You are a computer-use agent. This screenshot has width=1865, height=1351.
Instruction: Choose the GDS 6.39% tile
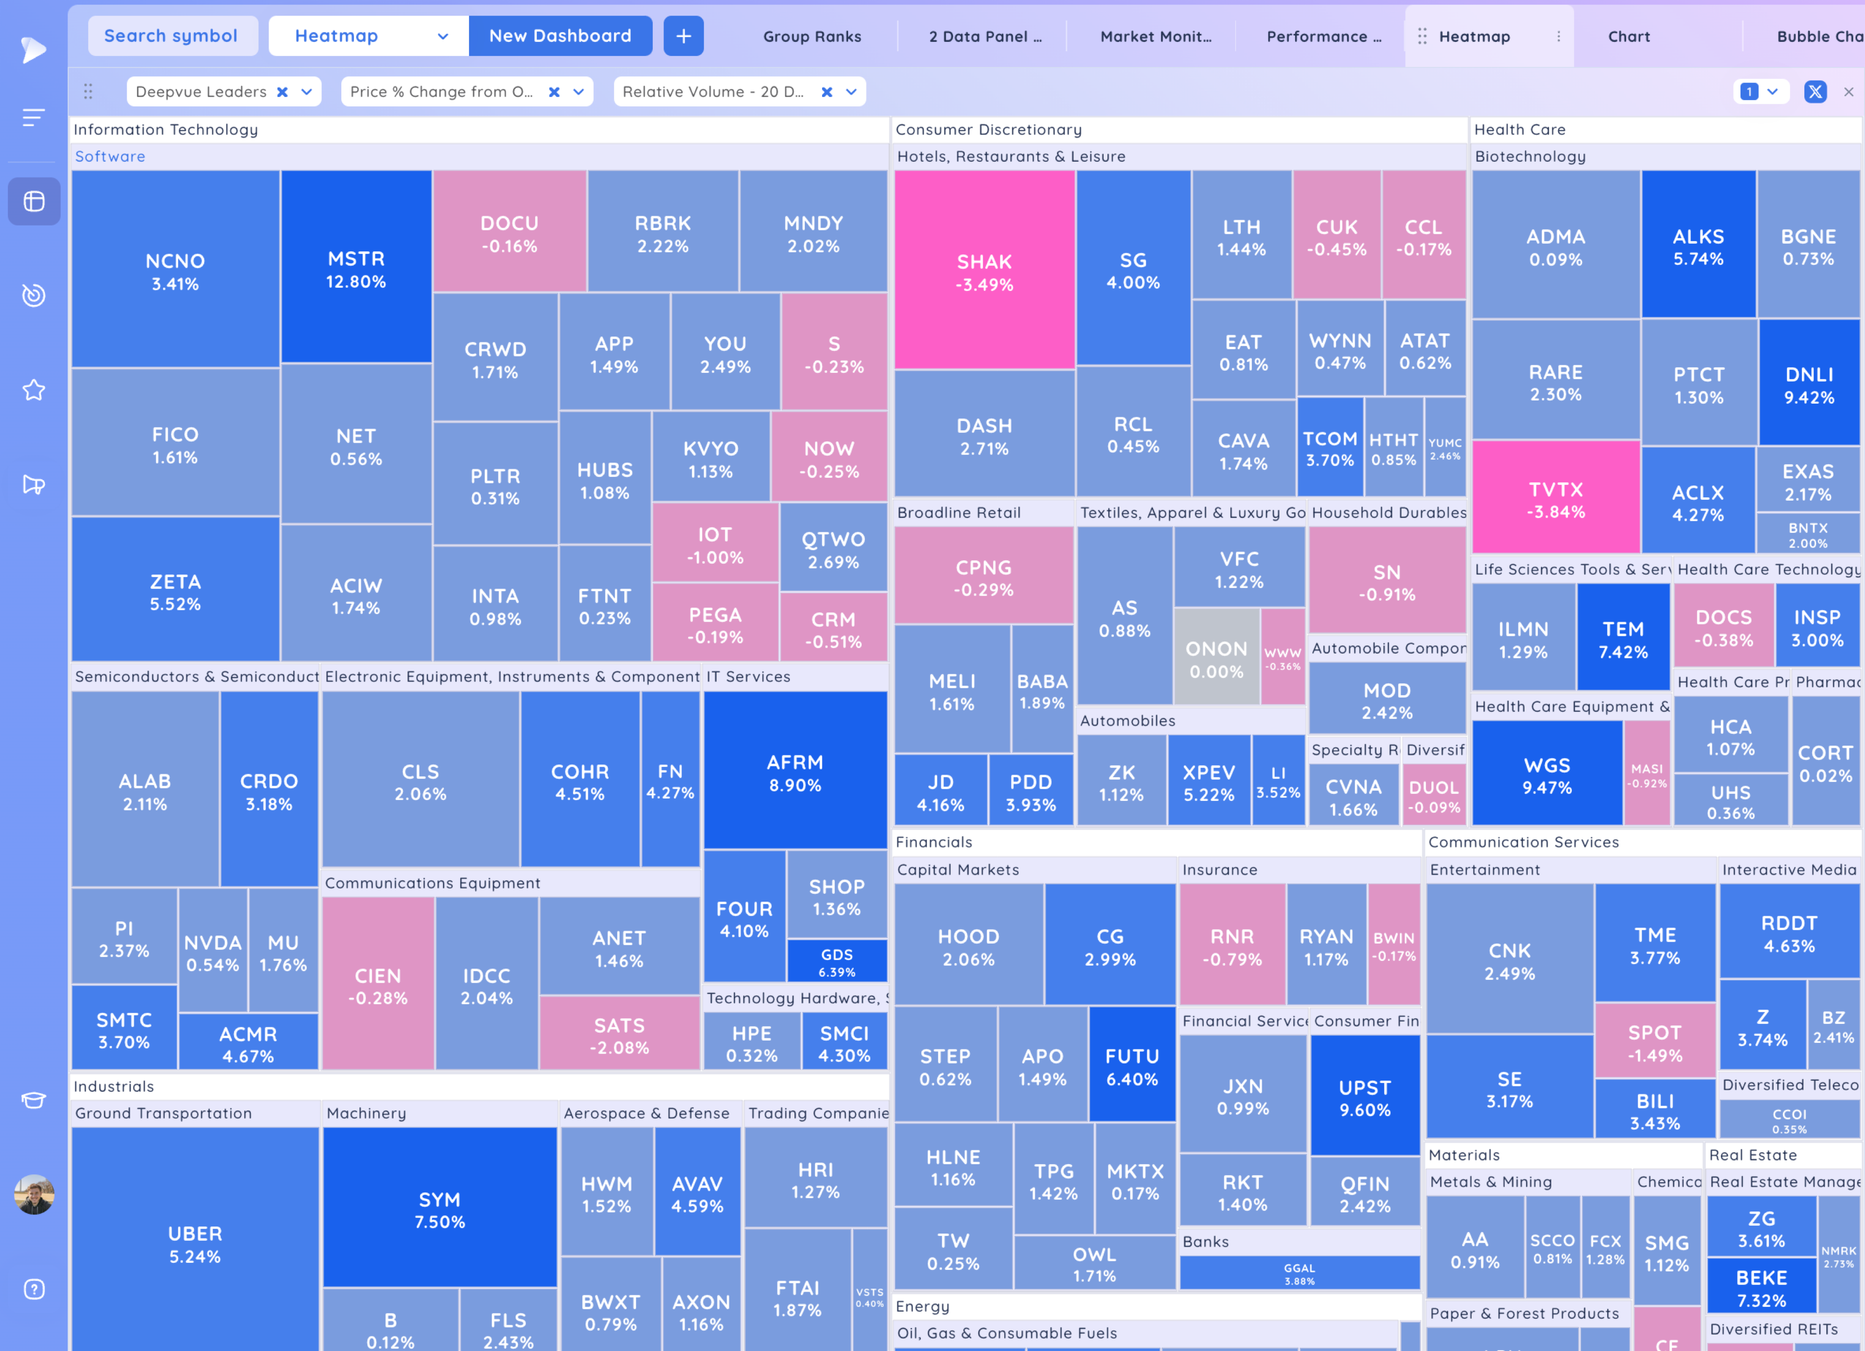coord(836,961)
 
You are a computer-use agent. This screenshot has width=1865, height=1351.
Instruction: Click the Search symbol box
coord(171,36)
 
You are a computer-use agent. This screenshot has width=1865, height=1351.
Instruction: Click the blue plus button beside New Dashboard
coord(684,36)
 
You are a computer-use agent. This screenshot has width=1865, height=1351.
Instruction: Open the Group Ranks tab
coord(812,36)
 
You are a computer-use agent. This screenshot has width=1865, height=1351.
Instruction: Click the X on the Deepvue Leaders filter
coord(282,92)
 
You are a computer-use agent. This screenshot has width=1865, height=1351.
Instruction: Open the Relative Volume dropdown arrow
coord(851,92)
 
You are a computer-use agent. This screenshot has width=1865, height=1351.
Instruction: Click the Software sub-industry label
coord(110,156)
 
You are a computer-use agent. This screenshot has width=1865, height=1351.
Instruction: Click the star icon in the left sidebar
coord(34,390)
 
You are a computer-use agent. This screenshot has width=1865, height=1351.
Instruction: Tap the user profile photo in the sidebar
coord(34,1194)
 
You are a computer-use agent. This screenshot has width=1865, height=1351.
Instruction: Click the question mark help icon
coord(34,1289)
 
